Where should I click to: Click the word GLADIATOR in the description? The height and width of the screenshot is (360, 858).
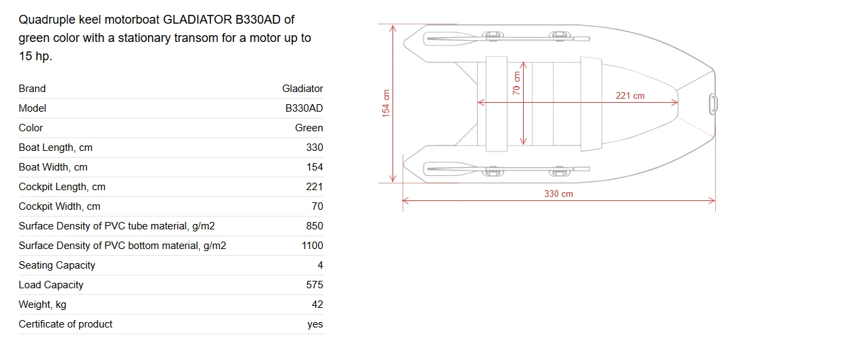[x=198, y=20]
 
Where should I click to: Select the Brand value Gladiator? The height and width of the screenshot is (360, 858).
[x=302, y=89]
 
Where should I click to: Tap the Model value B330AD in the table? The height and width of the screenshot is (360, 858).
[x=304, y=108]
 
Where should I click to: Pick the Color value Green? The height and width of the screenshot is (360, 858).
[x=309, y=128]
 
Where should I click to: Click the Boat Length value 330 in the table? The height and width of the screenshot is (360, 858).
[x=315, y=148]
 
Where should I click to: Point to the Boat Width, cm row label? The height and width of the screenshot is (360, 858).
[x=53, y=167]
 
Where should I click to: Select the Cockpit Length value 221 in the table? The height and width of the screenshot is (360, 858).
[x=315, y=187]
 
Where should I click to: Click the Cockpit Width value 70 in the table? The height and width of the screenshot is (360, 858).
[x=317, y=206]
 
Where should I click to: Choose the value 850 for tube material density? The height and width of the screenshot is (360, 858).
[x=315, y=226]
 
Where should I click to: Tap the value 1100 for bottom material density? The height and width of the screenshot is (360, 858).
[x=312, y=246]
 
